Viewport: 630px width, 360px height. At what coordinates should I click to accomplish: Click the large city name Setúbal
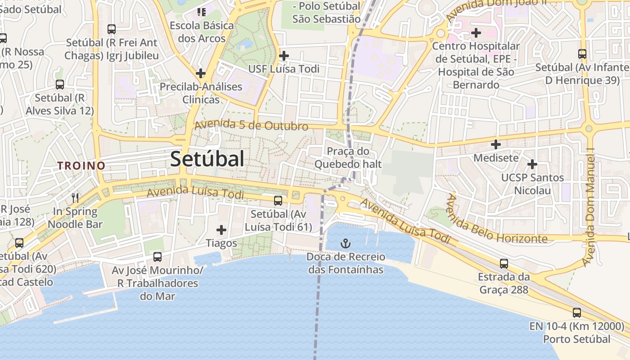tap(207, 159)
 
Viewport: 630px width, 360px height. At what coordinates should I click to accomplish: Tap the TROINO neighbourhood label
tap(81, 166)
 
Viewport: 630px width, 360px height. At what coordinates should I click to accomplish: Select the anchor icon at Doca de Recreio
tap(345, 244)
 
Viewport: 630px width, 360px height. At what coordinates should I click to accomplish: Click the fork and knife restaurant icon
tap(75, 198)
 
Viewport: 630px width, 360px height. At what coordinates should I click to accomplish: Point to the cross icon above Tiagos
tap(221, 230)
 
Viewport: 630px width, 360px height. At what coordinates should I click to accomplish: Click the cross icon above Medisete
tap(496, 144)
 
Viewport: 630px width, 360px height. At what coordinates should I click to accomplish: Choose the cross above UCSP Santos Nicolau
tap(532, 164)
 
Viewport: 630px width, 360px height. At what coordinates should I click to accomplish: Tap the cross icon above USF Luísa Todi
tap(284, 56)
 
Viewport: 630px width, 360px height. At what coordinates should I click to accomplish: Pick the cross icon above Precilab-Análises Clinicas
tap(201, 73)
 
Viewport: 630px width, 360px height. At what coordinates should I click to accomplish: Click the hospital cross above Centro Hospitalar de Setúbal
tap(476, 33)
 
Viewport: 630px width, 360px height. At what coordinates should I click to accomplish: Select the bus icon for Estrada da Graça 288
tap(504, 263)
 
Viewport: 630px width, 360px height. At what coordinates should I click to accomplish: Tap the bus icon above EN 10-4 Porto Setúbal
tap(577, 312)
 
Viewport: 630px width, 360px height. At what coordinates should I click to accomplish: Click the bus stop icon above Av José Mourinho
tap(157, 257)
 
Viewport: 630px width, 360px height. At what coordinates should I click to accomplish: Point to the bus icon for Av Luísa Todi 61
tap(278, 201)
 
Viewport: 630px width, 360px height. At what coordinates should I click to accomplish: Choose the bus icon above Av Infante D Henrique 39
tap(582, 54)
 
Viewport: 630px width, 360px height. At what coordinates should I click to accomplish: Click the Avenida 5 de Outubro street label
tap(252, 125)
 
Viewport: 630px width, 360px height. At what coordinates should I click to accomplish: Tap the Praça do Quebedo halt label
tap(348, 157)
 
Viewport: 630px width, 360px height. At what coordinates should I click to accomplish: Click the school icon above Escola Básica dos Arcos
tap(201, 12)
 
